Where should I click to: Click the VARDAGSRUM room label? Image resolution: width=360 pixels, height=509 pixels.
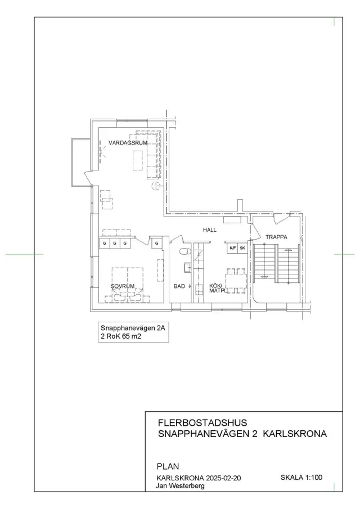[128, 142]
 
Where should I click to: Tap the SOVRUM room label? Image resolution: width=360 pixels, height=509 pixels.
[123, 286]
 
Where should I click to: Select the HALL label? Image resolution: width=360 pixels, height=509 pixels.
[210, 230]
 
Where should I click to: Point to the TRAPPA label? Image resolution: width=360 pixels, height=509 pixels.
[276, 237]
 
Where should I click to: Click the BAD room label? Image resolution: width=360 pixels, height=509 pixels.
[179, 286]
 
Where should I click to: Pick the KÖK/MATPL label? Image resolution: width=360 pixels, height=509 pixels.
[217, 289]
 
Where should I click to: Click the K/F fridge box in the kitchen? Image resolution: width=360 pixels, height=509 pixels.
[233, 248]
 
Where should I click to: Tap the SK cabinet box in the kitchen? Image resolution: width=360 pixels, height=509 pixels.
[242, 248]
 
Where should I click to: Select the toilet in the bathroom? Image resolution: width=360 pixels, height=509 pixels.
[184, 251]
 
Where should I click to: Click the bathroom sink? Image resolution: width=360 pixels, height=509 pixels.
[188, 268]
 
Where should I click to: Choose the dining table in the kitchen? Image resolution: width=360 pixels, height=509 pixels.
[236, 281]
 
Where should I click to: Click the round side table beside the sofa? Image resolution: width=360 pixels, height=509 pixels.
[156, 186]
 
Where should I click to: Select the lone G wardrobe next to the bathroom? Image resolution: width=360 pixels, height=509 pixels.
[157, 243]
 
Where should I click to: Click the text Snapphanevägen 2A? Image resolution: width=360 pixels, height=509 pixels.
[133, 328]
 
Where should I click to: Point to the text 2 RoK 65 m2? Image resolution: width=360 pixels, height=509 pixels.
[121, 337]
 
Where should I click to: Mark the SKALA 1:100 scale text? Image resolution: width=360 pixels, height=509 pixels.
[301, 477]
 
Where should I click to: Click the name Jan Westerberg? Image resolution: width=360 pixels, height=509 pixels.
[180, 486]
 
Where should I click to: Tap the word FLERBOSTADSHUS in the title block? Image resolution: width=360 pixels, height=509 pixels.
[202, 422]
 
